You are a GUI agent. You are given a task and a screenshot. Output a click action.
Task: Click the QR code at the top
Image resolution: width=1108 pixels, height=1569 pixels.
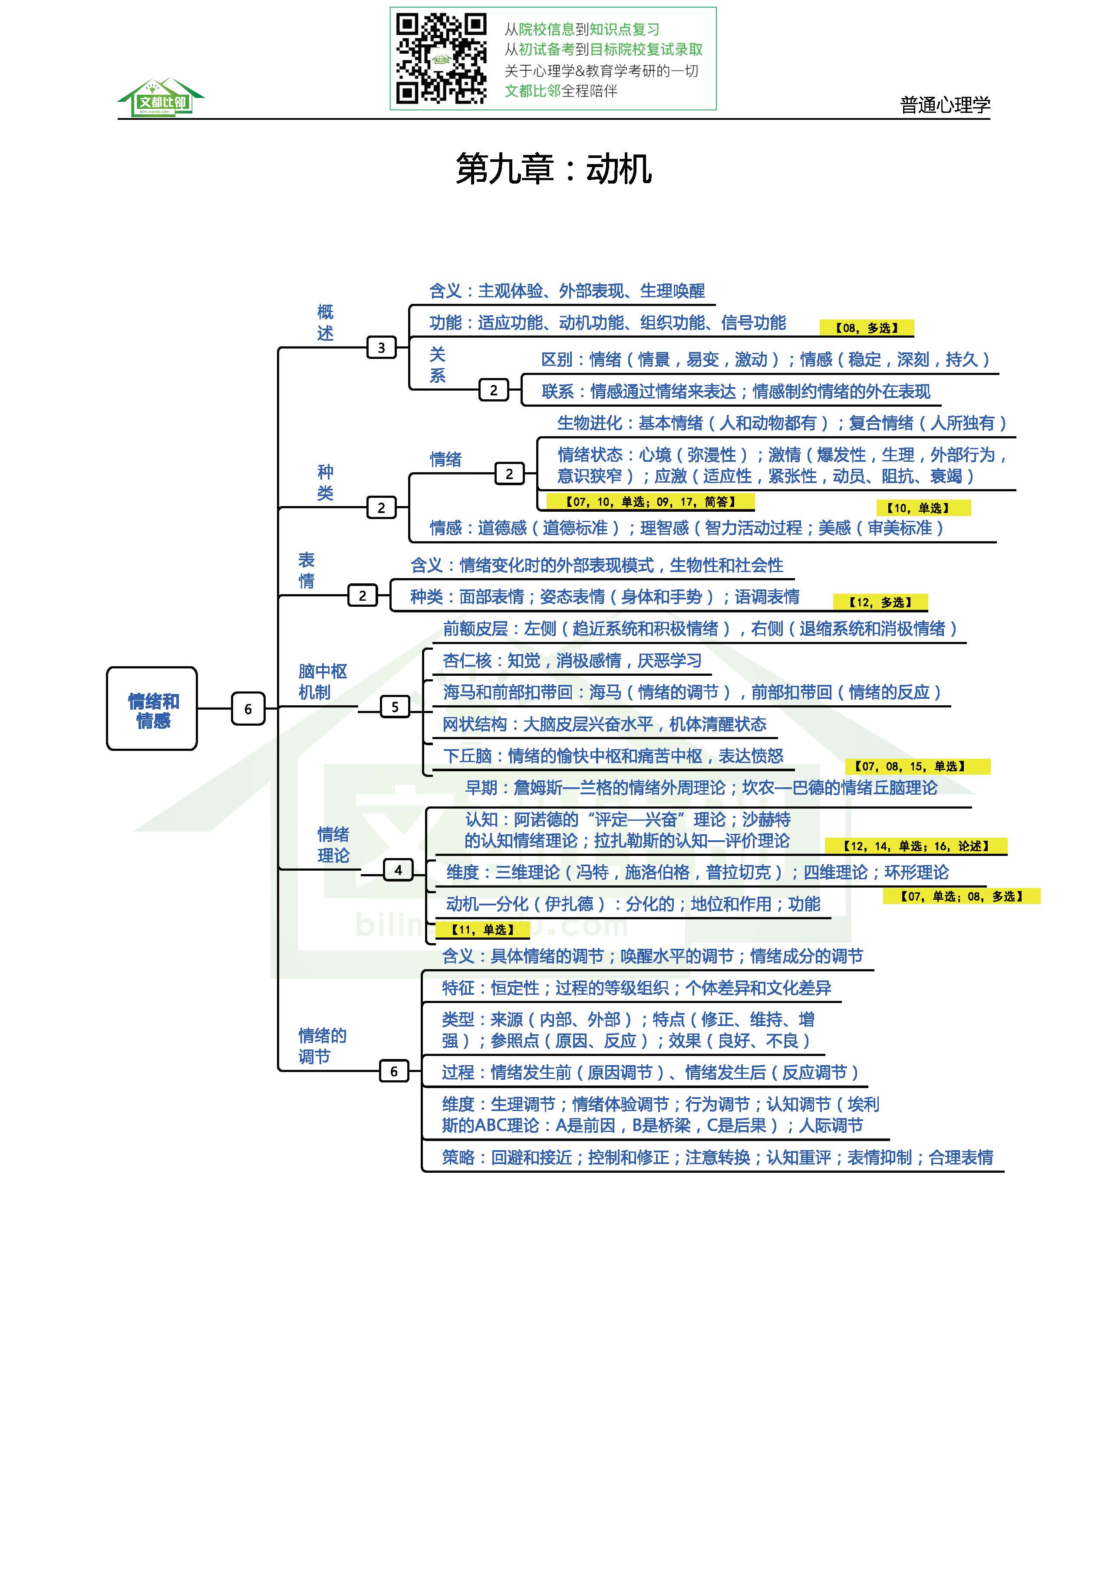(x=441, y=59)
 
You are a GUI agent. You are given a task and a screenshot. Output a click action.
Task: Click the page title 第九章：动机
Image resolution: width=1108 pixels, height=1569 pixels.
(x=553, y=169)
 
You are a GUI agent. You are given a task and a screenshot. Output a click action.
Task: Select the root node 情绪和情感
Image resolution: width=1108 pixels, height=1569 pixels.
(x=152, y=709)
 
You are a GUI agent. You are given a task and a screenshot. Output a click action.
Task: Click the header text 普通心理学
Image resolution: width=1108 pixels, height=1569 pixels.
(x=945, y=105)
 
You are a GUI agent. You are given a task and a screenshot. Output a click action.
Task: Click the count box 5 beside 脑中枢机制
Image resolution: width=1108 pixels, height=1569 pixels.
(x=394, y=707)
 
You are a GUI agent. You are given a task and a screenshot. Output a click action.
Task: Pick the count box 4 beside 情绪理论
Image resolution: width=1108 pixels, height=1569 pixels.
(x=398, y=870)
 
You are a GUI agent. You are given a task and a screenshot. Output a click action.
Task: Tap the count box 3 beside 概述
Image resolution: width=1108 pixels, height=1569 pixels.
(x=381, y=348)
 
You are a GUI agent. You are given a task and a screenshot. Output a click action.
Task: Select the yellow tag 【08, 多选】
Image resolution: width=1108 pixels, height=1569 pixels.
(x=866, y=328)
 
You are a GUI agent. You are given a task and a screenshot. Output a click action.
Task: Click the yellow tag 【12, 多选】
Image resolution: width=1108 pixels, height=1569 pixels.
(x=880, y=602)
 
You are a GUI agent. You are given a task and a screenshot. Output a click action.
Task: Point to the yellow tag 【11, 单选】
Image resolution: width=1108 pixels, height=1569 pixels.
(x=482, y=929)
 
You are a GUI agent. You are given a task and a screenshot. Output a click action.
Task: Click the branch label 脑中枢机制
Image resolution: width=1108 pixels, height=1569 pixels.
(x=322, y=681)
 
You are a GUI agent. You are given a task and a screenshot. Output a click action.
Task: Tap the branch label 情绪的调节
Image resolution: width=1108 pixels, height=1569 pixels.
(x=322, y=1046)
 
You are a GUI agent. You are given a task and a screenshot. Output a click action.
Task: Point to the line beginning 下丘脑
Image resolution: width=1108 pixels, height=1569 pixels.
(x=613, y=756)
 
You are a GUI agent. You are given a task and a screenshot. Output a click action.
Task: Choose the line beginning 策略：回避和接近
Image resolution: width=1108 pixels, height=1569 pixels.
(x=717, y=1157)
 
